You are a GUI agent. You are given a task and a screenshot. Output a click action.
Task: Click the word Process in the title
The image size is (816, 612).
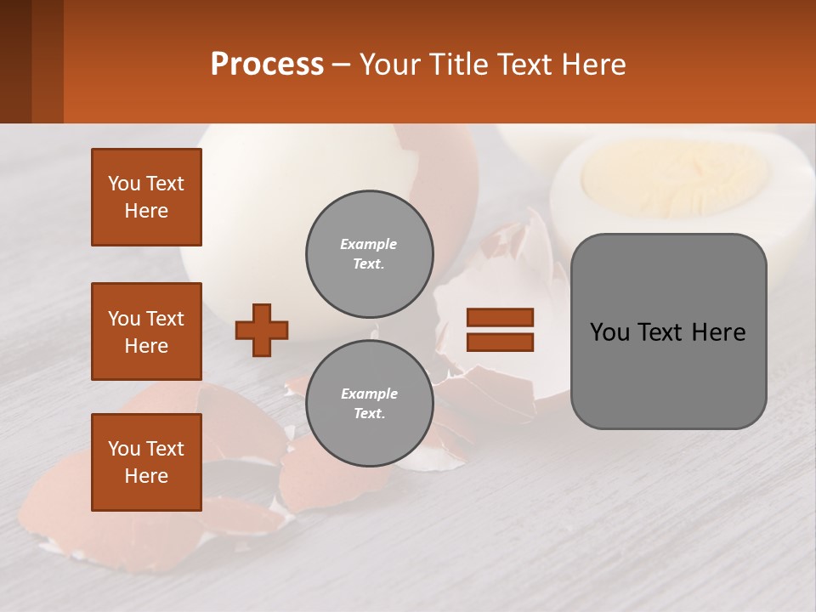point(267,65)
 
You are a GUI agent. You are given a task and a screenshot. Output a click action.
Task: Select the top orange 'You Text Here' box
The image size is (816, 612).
point(146,197)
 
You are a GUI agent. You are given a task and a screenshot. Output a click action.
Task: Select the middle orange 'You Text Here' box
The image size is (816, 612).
point(146,331)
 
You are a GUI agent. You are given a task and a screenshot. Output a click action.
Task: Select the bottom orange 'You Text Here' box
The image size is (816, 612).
point(146,462)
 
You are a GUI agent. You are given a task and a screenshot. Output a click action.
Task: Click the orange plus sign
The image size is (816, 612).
point(262,330)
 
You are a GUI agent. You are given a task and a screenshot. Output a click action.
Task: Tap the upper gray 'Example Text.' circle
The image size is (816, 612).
point(369,254)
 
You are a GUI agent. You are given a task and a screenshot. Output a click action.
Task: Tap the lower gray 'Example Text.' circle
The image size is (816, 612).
point(369,404)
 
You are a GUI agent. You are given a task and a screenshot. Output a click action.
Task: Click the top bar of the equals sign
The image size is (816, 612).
point(500,317)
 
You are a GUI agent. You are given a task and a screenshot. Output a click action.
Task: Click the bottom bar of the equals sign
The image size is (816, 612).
point(500,342)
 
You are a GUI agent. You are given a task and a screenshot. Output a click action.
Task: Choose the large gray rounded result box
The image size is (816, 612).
point(668,374)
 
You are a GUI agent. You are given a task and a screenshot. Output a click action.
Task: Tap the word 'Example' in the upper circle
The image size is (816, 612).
point(368,244)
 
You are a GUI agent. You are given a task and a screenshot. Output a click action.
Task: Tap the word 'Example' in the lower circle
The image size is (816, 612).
point(369,394)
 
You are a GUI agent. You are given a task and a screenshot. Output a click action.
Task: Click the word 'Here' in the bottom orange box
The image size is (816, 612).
point(146,476)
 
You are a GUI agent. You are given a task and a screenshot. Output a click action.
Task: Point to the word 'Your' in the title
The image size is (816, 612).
point(390,65)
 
